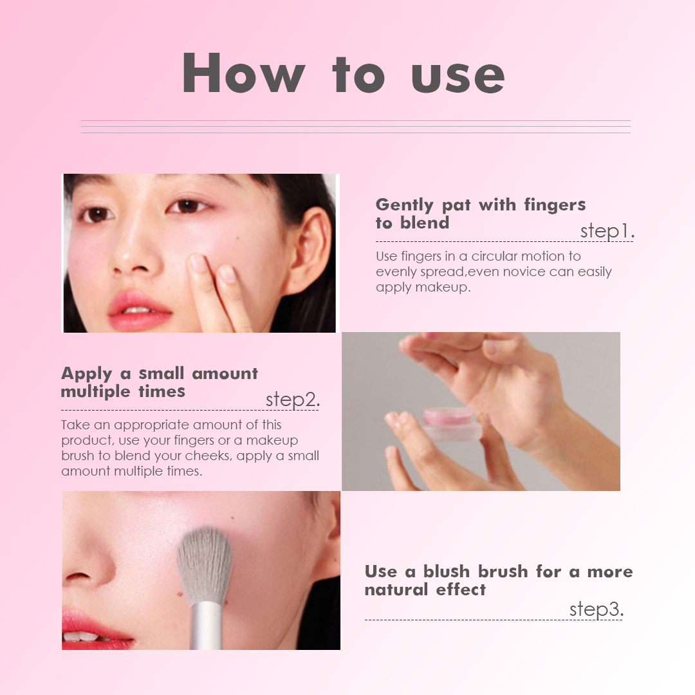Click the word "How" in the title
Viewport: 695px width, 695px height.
pos(243,73)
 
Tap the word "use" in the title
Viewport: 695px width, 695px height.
pos(458,74)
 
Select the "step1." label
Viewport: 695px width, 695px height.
pos(607,231)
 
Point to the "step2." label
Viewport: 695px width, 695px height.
pos(292,400)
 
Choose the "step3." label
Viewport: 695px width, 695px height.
pos(596,609)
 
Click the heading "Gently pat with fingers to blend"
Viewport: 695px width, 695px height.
pos(480,214)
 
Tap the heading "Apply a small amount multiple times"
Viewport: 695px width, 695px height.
pos(159,382)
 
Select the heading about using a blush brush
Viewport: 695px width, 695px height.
pos(498,580)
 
